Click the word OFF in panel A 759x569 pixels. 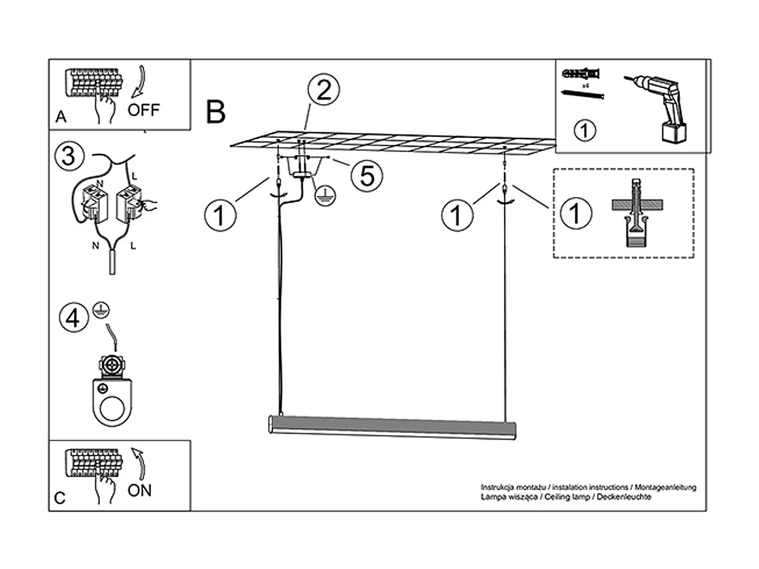click(143, 110)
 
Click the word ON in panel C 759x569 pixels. click(140, 490)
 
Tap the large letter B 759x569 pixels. click(216, 112)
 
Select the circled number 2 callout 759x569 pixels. click(323, 92)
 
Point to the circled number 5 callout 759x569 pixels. click(367, 176)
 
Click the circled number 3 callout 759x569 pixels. click(68, 156)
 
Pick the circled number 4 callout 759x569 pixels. click(73, 318)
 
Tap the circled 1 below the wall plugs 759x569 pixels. click(585, 131)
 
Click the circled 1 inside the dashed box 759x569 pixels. click(575, 214)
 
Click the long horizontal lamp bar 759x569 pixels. click(392, 426)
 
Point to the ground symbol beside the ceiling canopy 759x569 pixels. click(325, 196)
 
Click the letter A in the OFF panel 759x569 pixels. click(60, 117)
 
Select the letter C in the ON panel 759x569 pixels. click(60, 498)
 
